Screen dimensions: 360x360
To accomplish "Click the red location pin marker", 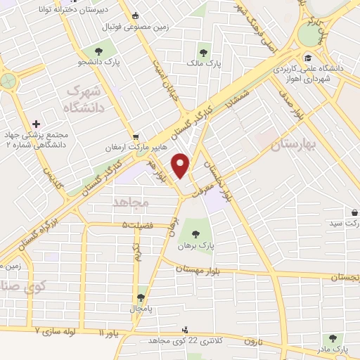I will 181,165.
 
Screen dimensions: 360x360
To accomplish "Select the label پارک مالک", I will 204,64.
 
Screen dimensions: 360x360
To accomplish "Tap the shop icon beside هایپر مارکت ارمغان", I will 136,137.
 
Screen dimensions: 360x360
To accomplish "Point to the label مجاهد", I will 127,202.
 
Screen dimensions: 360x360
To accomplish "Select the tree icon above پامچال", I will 141,297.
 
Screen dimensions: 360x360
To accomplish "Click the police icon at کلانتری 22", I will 186,329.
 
